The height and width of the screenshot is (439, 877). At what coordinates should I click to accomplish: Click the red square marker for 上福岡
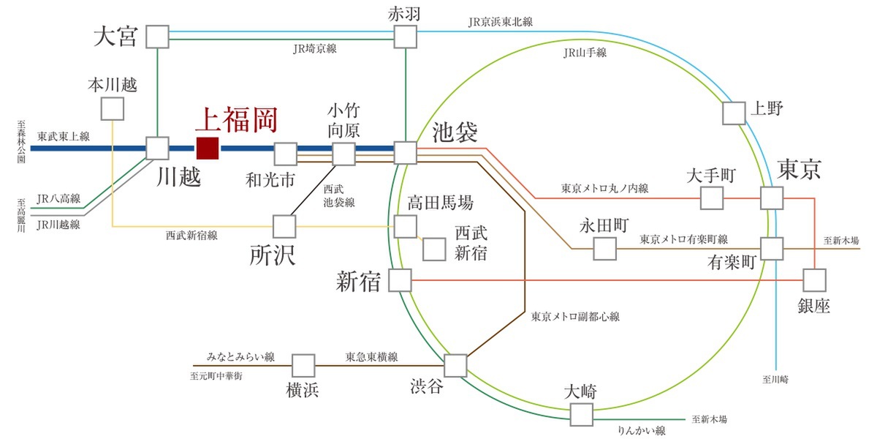[x=208, y=149]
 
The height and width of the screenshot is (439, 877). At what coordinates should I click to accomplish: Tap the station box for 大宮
[x=157, y=37]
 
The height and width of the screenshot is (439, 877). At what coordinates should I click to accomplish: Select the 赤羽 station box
[x=405, y=37]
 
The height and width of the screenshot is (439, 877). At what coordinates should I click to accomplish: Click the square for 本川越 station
[x=112, y=109]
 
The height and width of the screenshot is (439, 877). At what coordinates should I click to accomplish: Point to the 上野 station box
[x=734, y=113]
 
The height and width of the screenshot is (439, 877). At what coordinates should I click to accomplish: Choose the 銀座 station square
[x=814, y=280]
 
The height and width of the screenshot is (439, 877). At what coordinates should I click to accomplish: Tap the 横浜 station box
[x=303, y=365]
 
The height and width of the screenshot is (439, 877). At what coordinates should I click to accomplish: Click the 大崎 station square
[x=582, y=414]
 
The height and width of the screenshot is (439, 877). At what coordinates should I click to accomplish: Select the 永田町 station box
[x=604, y=249]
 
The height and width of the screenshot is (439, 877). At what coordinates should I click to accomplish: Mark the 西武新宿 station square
[x=435, y=249]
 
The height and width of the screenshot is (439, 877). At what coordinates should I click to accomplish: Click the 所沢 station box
[x=283, y=226]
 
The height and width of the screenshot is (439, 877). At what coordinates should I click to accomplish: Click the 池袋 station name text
[x=455, y=132]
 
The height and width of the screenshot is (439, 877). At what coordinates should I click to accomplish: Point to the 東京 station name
[x=799, y=169]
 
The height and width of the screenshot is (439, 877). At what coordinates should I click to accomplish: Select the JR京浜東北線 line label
[x=501, y=22]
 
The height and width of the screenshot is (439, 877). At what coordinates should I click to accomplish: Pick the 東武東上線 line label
[x=64, y=135]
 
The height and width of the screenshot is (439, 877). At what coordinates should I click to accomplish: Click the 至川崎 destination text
[x=775, y=379]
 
